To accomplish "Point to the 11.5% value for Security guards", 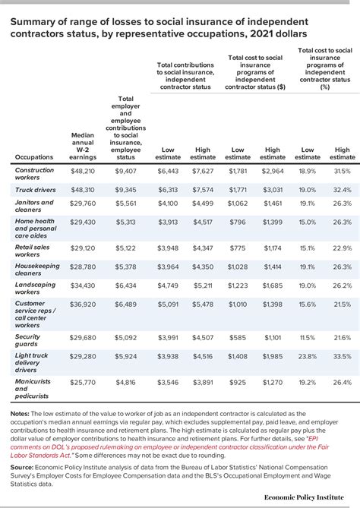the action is (308, 338).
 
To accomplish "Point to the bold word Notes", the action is (19, 413).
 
